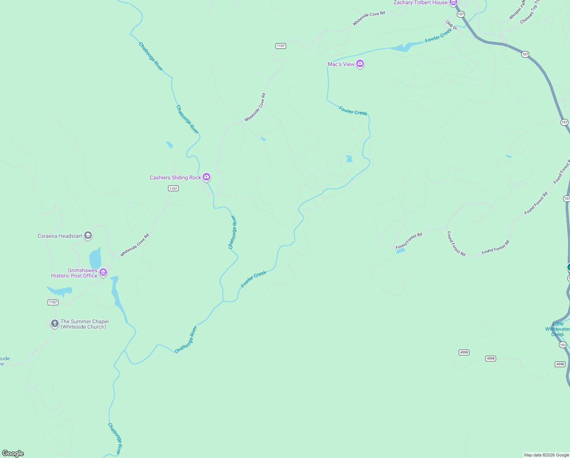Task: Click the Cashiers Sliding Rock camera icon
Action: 207,177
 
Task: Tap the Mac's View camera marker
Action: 360,64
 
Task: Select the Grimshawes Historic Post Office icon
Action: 103,273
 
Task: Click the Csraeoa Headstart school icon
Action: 88,235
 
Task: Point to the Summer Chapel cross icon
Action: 55,324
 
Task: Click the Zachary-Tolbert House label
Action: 420,3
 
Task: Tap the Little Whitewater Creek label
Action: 557,329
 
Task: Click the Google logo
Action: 13,453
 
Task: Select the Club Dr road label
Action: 452,25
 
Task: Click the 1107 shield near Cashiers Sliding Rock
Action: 173,188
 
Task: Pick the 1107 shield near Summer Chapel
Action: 53,302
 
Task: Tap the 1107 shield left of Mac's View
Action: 281,46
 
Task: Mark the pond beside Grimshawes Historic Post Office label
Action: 95,258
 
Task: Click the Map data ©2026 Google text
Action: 546,455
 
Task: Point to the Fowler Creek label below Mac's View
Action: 353,111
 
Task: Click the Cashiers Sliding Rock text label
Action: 175,177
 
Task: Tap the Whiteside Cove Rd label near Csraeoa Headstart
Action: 135,245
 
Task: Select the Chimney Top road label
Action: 530,14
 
